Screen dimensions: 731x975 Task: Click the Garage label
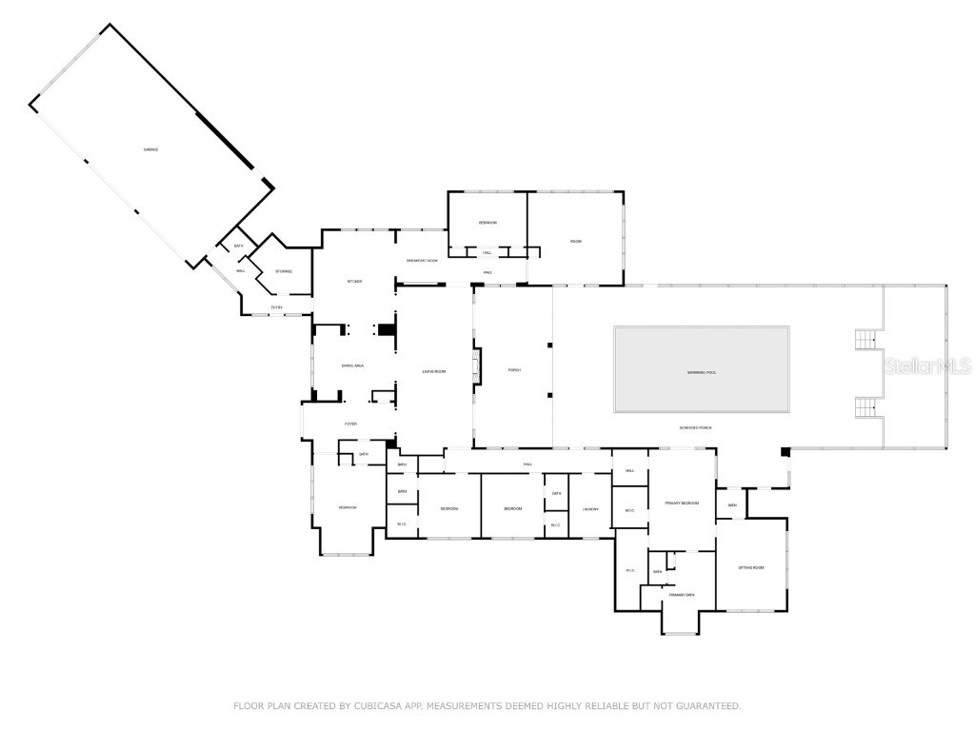click(150, 149)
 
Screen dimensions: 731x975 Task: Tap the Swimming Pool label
click(702, 372)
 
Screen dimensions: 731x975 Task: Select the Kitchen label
click(354, 281)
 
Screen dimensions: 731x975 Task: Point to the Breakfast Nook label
click(422, 260)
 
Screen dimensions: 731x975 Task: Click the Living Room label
click(434, 370)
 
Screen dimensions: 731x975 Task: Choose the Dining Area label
click(352, 365)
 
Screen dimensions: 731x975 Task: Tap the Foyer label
click(350, 424)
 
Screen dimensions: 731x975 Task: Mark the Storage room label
click(284, 271)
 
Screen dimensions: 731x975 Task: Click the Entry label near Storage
click(276, 306)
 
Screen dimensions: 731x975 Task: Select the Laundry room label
click(590, 509)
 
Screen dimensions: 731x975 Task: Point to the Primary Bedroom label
click(682, 503)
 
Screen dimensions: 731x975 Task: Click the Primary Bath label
click(682, 595)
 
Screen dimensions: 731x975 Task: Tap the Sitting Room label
click(751, 567)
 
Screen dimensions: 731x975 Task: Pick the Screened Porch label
click(695, 428)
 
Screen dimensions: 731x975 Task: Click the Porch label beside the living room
click(513, 369)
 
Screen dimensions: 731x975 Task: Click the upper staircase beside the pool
click(866, 338)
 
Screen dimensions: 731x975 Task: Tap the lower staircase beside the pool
click(866, 407)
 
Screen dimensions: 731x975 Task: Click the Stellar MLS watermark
click(927, 365)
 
